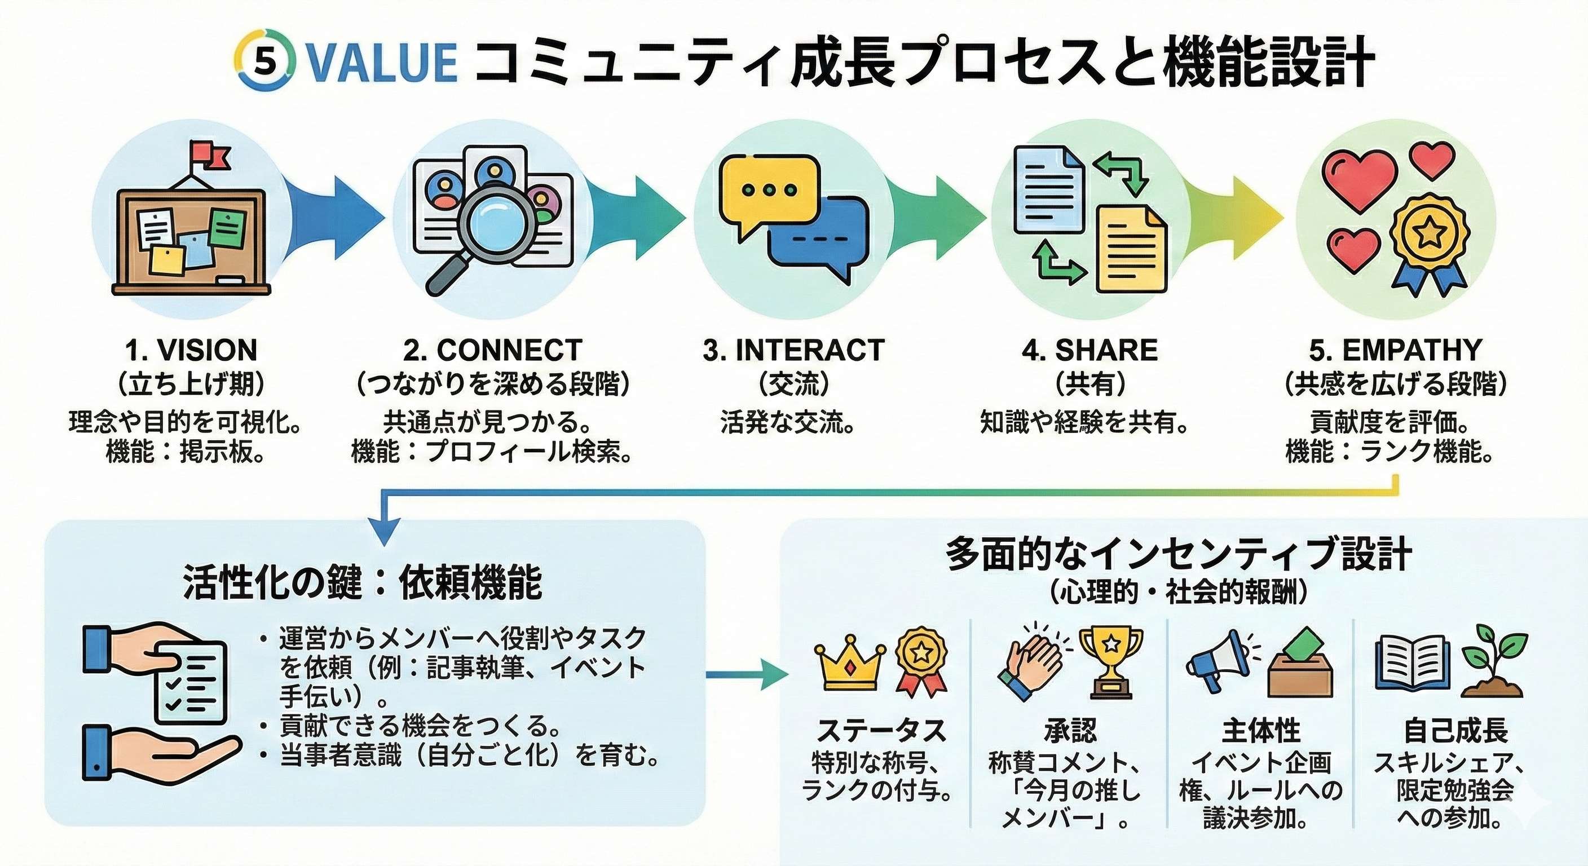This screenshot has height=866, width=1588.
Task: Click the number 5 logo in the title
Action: tap(265, 61)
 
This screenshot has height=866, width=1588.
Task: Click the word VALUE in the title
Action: tap(381, 62)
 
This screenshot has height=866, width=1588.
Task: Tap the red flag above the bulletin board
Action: tap(210, 154)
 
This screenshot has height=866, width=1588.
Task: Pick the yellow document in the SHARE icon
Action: tap(1131, 250)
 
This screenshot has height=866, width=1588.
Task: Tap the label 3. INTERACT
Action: tap(793, 350)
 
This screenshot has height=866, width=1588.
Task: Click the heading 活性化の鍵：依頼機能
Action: tap(363, 582)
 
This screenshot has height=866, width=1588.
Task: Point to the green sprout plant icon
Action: tap(1495, 661)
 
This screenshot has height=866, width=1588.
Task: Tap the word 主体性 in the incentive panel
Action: tap(1261, 732)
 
